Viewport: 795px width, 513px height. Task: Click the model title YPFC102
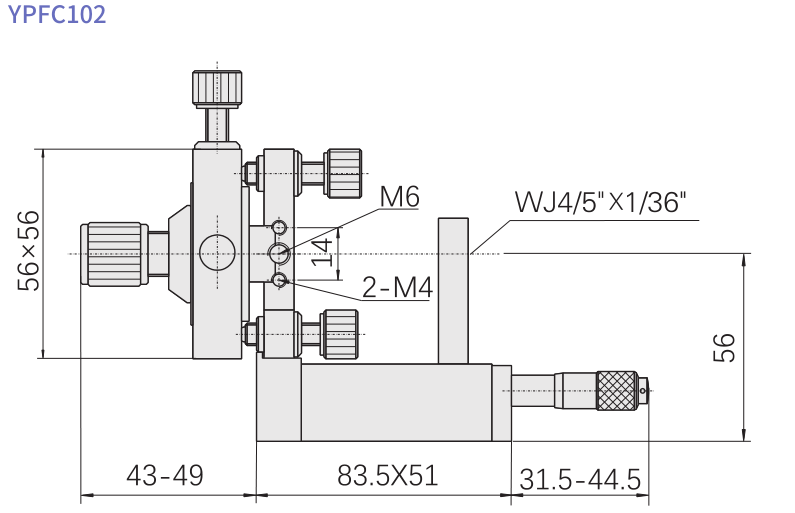click(x=57, y=15)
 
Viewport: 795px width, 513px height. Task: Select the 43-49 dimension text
click(x=165, y=475)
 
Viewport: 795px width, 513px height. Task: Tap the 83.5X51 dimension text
click(x=387, y=475)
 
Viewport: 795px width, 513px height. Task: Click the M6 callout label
click(x=398, y=198)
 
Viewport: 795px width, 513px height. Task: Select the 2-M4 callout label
click(x=396, y=289)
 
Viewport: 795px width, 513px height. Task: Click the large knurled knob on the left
click(x=113, y=253)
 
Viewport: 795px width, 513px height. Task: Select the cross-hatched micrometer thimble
click(x=617, y=389)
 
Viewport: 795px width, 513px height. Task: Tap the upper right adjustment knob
click(x=342, y=171)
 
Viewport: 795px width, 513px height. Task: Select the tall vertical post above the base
click(x=453, y=290)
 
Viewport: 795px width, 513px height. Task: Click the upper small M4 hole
click(x=280, y=225)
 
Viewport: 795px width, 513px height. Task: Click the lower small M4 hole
click(x=280, y=279)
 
